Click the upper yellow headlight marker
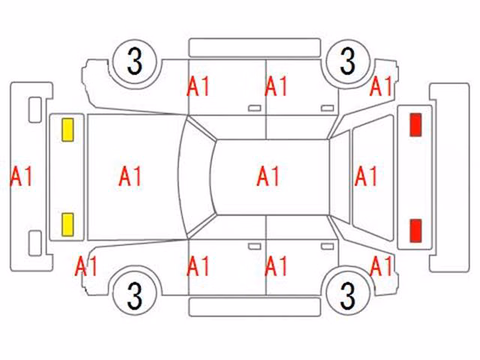point(67,130)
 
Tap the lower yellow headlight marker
point(67,225)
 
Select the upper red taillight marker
point(415,124)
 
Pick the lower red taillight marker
point(415,230)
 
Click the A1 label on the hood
point(130,176)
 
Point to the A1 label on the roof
point(268,176)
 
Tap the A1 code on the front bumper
point(22,176)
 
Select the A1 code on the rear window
point(366,176)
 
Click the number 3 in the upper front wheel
point(135,61)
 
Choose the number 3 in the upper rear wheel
point(348,61)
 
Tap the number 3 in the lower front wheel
point(135,295)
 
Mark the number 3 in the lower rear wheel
point(348,295)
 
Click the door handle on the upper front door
point(254,108)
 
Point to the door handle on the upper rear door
point(327,108)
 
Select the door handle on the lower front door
point(254,247)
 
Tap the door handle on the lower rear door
point(327,247)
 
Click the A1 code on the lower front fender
point(86,266)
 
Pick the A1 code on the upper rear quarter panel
point(382,86)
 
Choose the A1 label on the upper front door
point(198,86)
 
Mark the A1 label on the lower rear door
point(276,266)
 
